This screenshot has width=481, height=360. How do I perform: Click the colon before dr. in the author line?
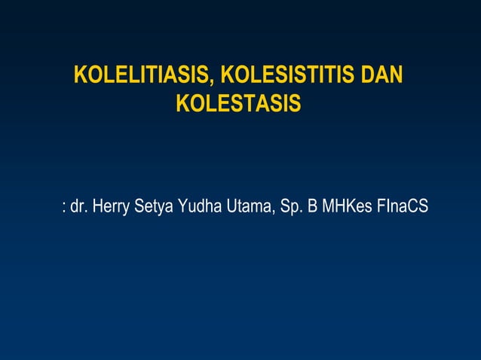tap(63, 207)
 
